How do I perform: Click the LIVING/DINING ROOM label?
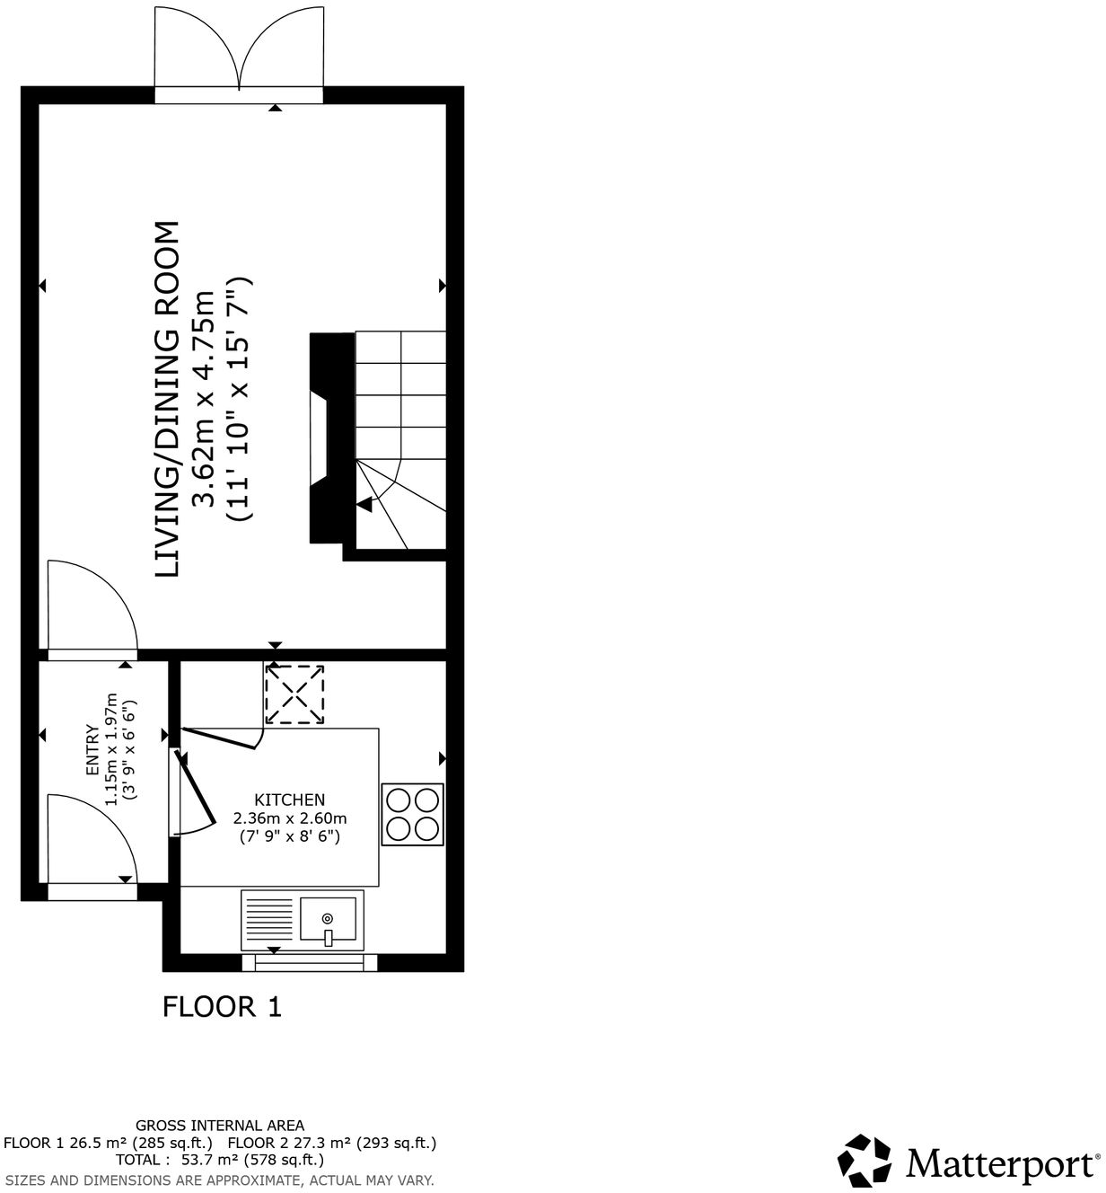click(x=168, y=399)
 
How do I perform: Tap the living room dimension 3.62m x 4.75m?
click(x=206, y=400)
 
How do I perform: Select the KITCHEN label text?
click(x=289, y=800)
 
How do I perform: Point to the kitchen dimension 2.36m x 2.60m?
click(x=289, y=818)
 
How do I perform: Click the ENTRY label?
click(x=91, y=751)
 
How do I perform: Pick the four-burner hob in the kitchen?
click(x=413, y=815)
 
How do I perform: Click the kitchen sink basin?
click(x=329, y=921)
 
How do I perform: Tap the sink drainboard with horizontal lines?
click(x=269, y=921)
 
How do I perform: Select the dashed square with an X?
click(x=294, y=694)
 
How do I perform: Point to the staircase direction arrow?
click(x=364, y=505)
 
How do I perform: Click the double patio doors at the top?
click(x=239, y=54)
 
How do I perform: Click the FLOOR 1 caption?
click(x=222, y=1006)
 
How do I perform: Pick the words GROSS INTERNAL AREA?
click(x=220, y=1125)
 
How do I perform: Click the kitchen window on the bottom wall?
click(x=310, y=963)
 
